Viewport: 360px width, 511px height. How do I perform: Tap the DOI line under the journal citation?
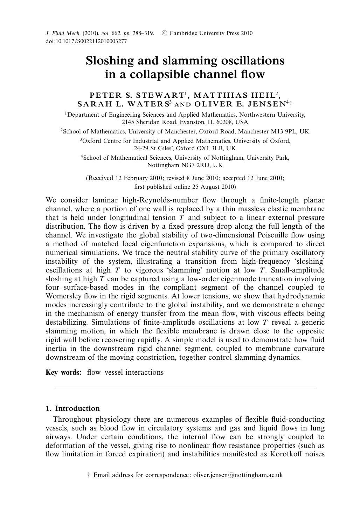pos(86,41)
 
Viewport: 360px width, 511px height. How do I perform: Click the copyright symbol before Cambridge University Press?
pos(164,33)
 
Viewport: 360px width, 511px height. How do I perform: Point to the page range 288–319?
pos(143,33)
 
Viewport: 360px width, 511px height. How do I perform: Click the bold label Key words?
pos(64,372)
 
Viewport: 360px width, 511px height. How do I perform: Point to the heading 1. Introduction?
pos(72,408)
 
